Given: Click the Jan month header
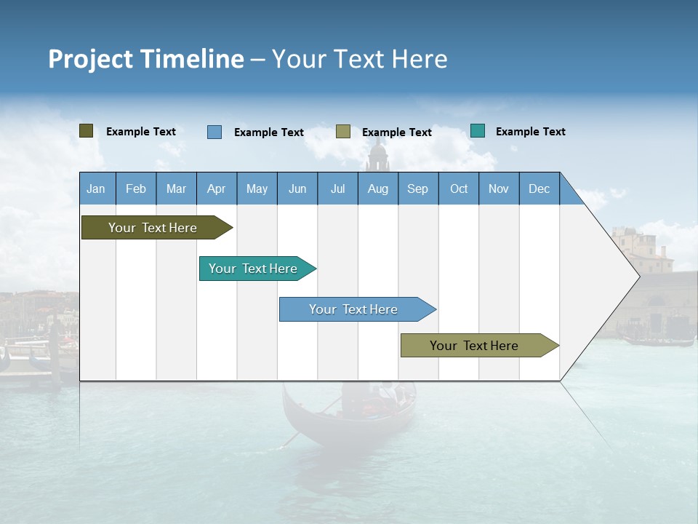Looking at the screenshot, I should coord(96,188).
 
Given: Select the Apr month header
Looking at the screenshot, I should coord(216,188).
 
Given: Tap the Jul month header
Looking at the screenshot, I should coord(337,188).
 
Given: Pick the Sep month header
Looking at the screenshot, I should coord(417,188).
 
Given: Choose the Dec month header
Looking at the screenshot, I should coord(539,188).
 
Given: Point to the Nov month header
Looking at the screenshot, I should coord(498,188).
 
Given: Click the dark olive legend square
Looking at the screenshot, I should coord(87,131).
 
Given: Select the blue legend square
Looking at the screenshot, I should coord(214,132).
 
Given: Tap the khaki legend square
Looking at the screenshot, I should coord(343,132).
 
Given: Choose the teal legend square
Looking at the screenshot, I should coord(478,131).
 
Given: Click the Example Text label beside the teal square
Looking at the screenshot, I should coord(530,132).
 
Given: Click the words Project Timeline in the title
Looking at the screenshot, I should coord(145,59).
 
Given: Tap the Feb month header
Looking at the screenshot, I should coord(136,188).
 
